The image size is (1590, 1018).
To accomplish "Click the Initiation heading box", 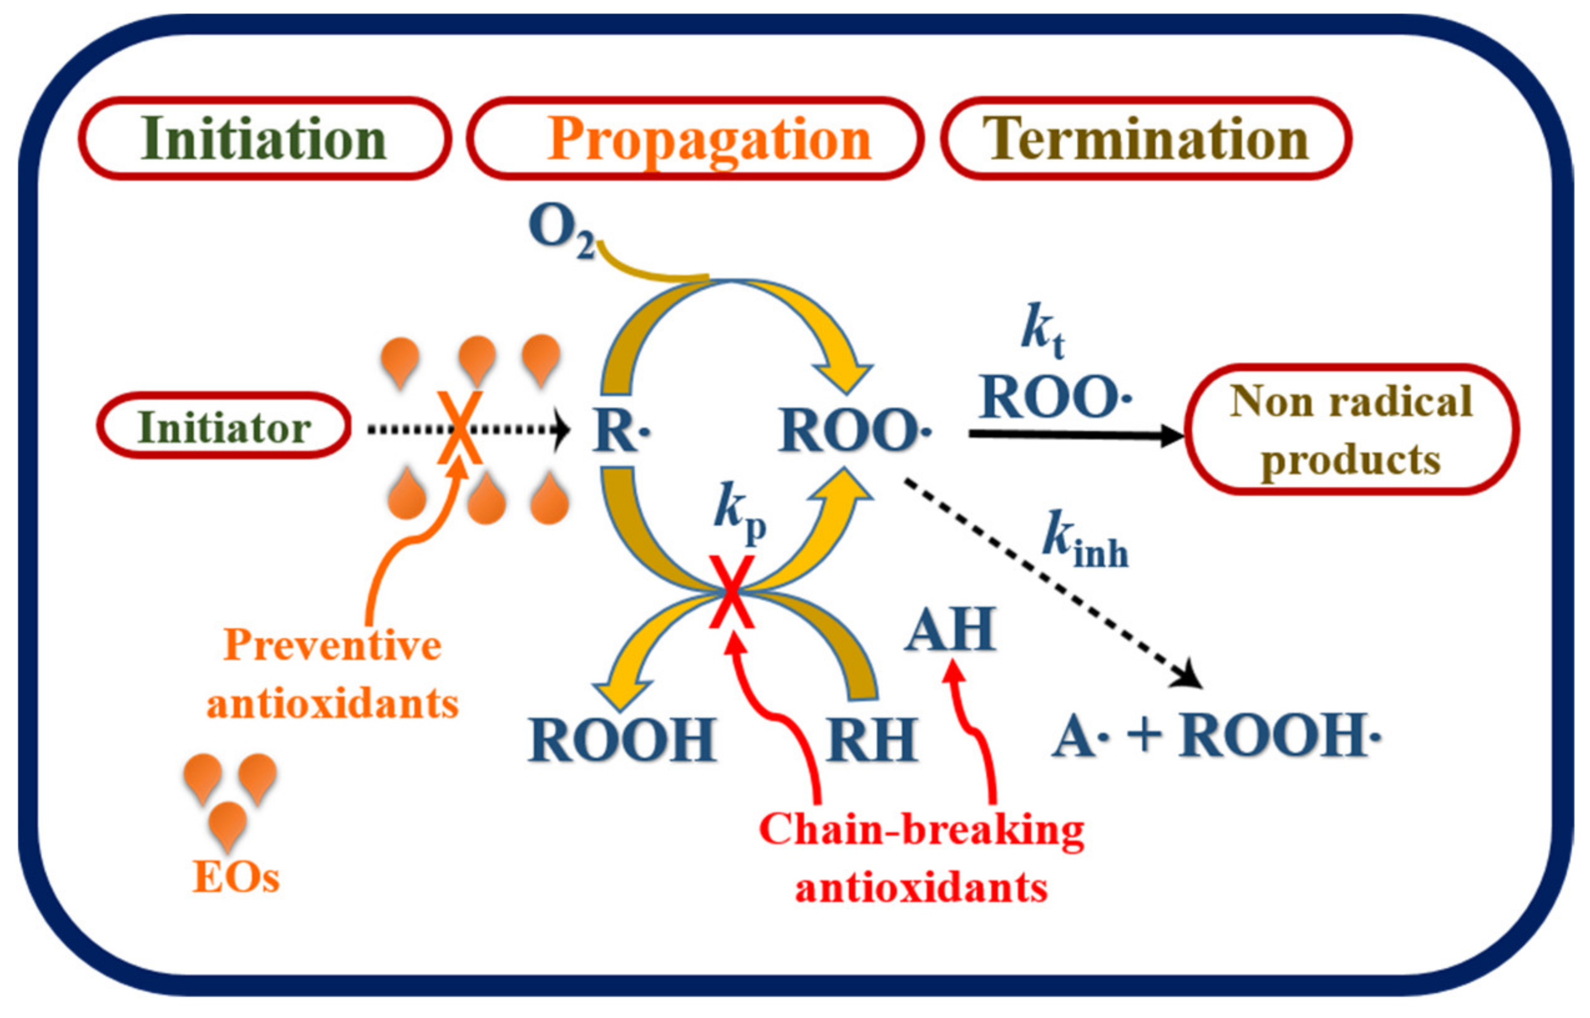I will tap(264, 139).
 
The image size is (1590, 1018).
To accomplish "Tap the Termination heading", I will tap(1146, 139).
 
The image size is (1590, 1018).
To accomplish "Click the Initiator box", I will tap(224, 426).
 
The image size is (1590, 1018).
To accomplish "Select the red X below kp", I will tap(731, 592).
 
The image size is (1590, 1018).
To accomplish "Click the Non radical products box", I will tap(1350, 430).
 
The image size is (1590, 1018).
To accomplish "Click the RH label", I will tap(872, 740).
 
